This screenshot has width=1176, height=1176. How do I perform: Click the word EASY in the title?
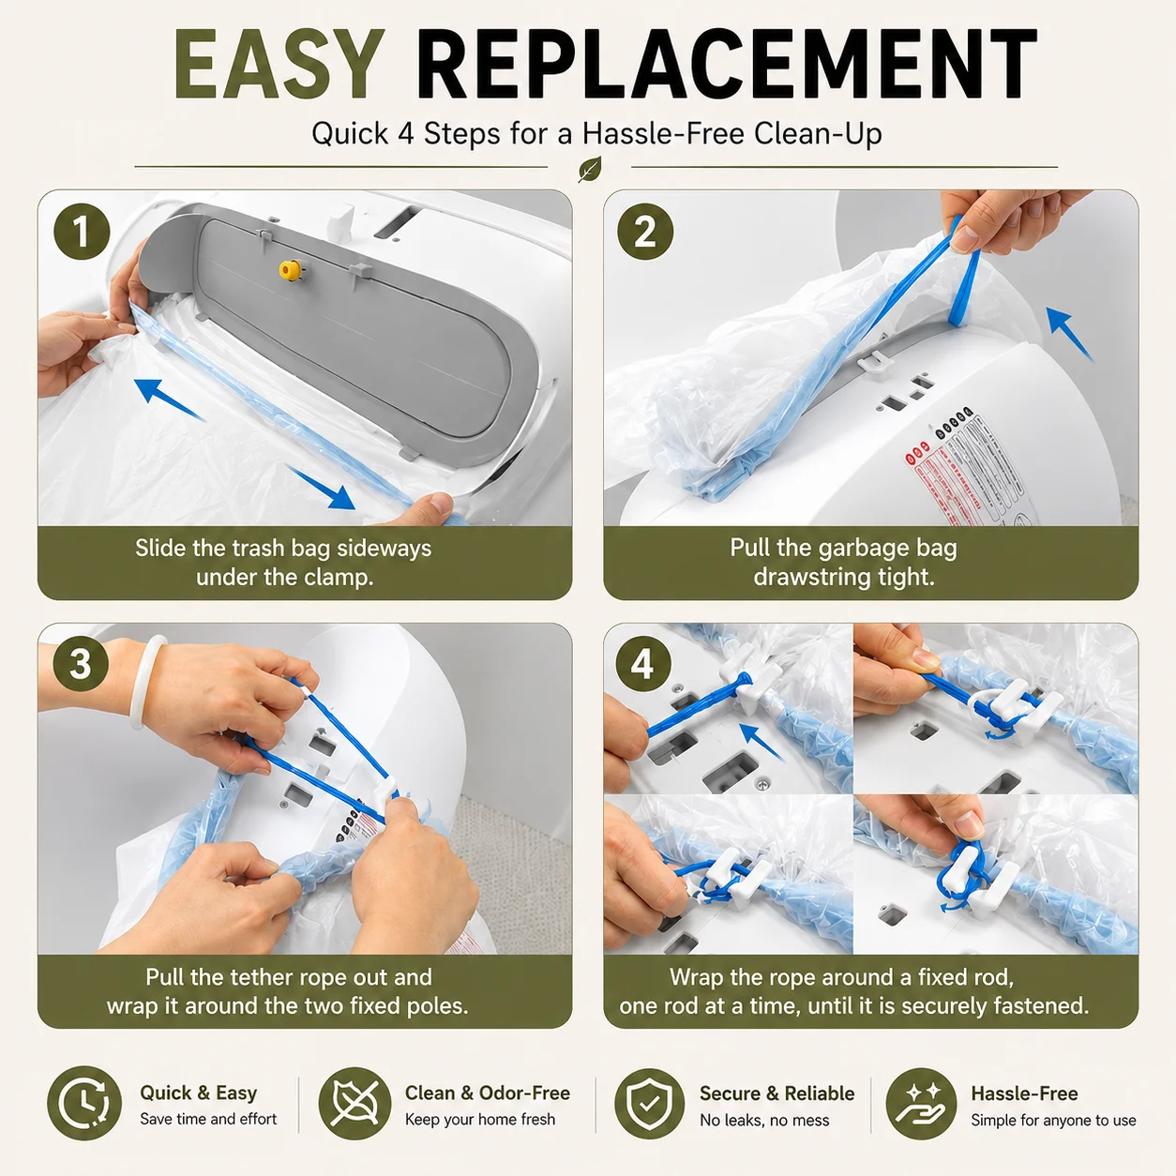(279, 64)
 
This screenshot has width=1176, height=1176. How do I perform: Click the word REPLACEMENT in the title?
(726, 64)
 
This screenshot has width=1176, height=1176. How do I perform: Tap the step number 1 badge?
(82, 232)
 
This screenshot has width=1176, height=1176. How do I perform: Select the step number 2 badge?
(645, 232)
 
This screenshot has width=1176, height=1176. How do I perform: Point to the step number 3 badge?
(82, 663)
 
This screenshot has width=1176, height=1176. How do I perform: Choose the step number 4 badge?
(643, 663)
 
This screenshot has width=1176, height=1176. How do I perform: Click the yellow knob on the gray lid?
(289, 270)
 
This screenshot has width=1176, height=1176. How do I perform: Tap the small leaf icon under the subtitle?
(590, 169)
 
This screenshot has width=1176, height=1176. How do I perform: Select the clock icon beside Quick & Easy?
(84, 1102)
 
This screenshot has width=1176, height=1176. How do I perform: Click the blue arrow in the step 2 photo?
(1068, 334)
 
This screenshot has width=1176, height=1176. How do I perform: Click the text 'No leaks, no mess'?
(764, 1121)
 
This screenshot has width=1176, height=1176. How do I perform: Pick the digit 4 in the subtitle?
(406, 133)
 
